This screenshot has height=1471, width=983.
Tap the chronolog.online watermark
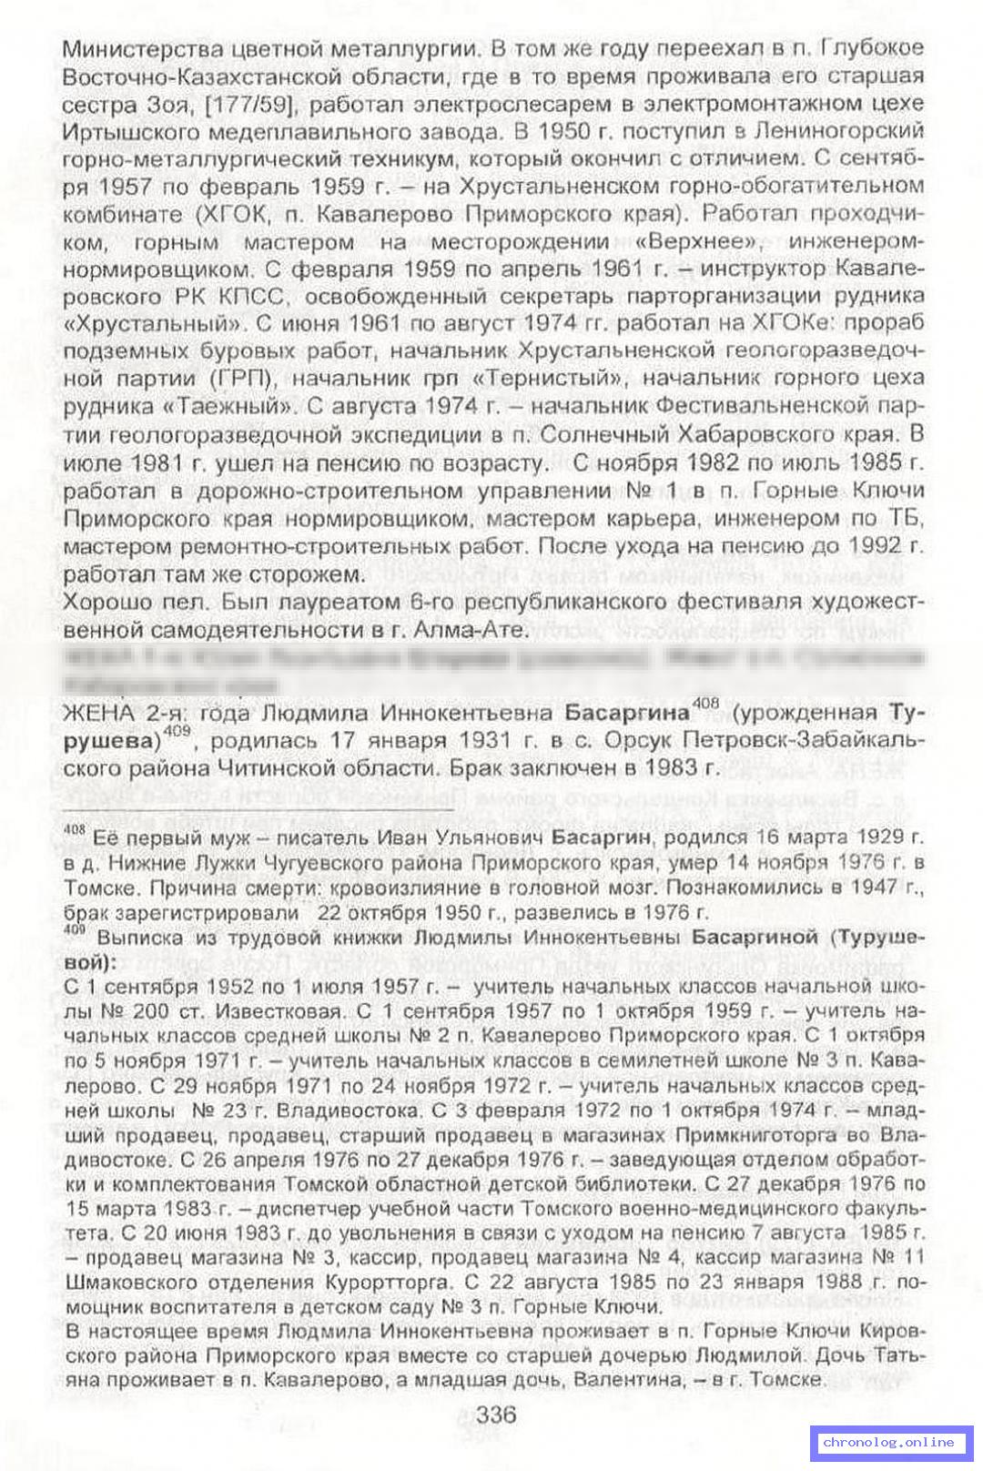coord(888,1442)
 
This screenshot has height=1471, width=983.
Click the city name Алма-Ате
coord(463,629)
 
